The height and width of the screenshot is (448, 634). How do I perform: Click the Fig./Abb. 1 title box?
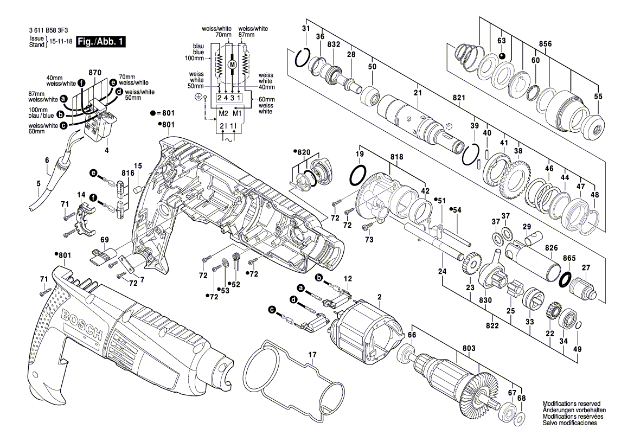coord(101,42)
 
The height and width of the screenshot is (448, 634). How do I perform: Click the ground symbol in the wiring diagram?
coord(198,97)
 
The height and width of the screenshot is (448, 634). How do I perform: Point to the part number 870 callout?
coord(95,72)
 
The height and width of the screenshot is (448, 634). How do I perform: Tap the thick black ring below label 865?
coord(566,279)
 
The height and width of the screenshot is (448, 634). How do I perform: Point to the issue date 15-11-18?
coord(60,42)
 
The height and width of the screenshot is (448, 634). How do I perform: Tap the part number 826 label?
coord(552,247)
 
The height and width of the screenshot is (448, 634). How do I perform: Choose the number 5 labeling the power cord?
coord(38,183)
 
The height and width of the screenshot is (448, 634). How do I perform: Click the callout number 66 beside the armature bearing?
coord(412,335)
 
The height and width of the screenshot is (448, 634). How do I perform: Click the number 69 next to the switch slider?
coord(105,239)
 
